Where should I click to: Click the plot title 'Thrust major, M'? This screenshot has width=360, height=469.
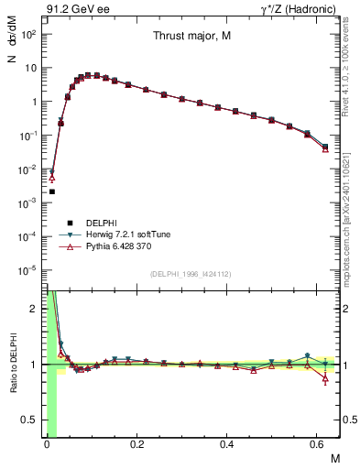click(x=191, y=37)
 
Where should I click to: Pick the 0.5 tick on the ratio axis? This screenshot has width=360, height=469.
click(x=33, y=420)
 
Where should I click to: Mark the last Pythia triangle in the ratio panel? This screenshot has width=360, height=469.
click(x=325, y=378)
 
